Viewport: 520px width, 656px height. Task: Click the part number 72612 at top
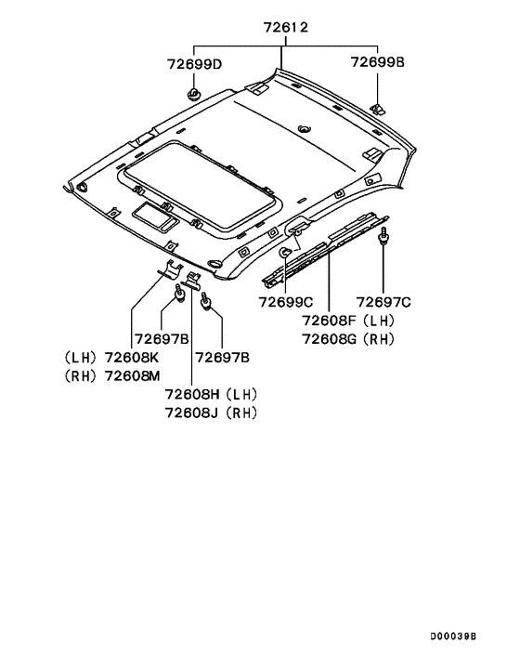pos(286,28)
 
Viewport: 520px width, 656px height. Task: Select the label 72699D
pos(194,64)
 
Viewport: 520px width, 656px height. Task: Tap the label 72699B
pos(377,62)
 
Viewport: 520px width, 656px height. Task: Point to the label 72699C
pos(286,302)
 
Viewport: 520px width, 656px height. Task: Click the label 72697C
pos(383,302)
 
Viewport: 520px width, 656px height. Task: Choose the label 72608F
pos(330,321)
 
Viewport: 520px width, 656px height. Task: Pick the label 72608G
pos(330,339)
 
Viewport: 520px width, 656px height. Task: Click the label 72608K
pos(132,358)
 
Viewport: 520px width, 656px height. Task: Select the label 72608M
pos(132,376)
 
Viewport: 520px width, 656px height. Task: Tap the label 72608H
pos(192,395)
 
